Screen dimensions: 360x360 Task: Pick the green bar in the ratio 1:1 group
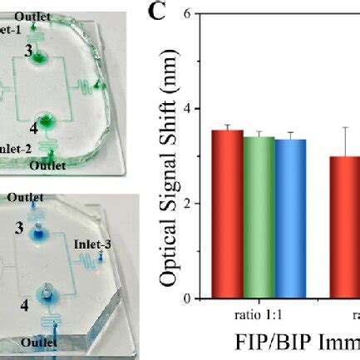pyautogui.click(x=259, y=217)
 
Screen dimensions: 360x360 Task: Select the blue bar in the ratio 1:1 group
pyautogui.click(x=290, y=219)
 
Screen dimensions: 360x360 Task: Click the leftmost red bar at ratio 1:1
pyautogui.click(x=227, y=214)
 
